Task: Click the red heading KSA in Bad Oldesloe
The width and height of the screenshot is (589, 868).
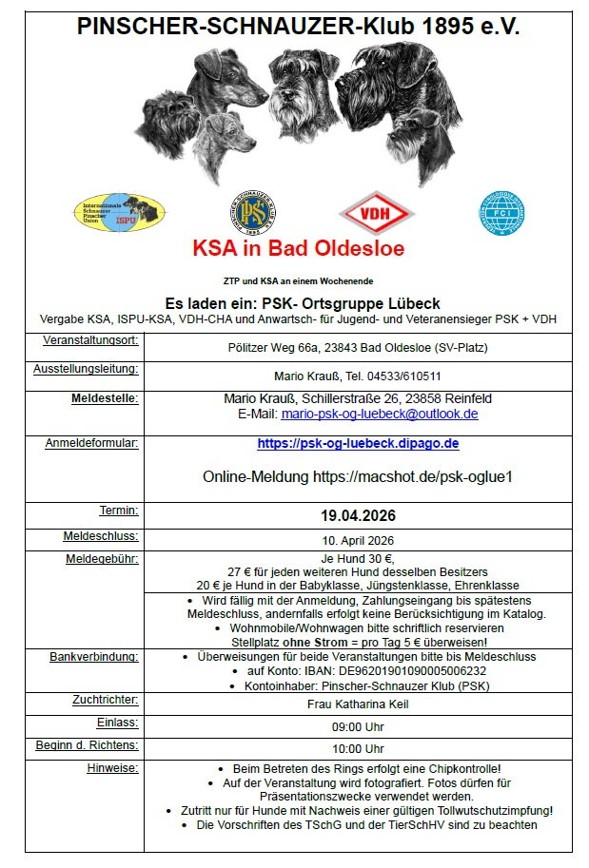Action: coord(298,249)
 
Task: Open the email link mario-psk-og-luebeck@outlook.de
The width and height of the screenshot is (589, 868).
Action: coord(380,415)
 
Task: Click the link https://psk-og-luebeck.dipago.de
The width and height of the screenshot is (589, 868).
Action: coord(358,443)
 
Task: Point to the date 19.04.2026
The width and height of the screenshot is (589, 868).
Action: coord(358,516)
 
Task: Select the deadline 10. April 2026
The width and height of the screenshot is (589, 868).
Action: coord(358,540)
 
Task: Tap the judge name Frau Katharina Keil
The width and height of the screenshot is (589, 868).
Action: coord(358,704)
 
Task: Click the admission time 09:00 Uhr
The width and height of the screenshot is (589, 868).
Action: coord(358,727)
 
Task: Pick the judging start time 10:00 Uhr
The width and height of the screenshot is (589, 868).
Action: coord(358,749)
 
